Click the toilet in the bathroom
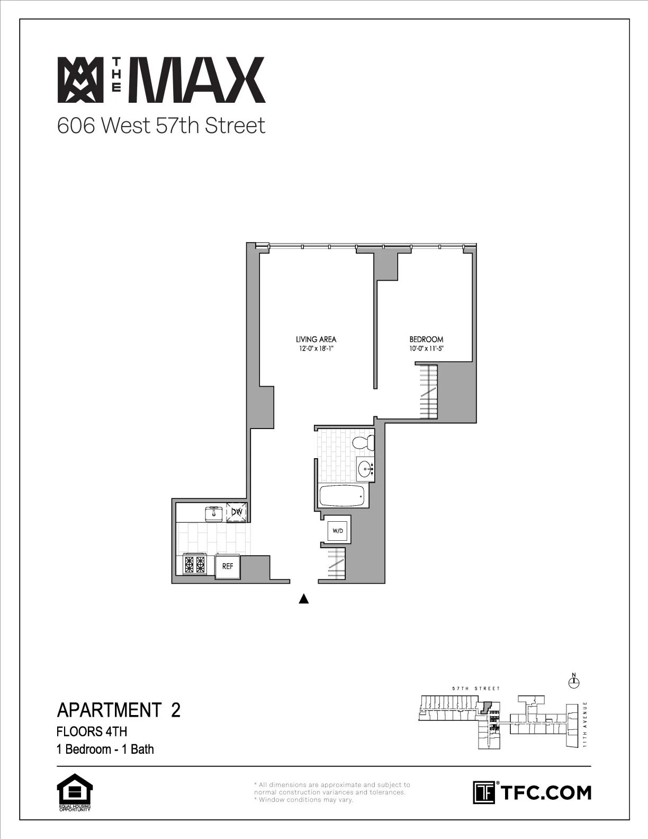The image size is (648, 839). click(365, 442)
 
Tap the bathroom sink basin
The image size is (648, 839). click(364, 469)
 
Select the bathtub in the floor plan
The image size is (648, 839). click(342, 496)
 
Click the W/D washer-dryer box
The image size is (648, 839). click(337, 530)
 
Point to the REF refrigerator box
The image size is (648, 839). click(228, 566)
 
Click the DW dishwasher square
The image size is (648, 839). click(236, 512)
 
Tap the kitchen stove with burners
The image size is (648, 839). click(194, 564)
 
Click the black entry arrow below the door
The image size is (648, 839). click(304, 599)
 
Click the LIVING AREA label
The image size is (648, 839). click(316, 340)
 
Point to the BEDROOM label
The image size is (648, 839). click(426, 340)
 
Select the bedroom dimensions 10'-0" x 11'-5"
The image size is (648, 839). click(426, 349)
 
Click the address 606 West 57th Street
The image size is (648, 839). click(161, 126)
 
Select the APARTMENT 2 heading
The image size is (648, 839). click(119, 710)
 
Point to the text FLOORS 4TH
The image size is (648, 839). click(92, 731)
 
